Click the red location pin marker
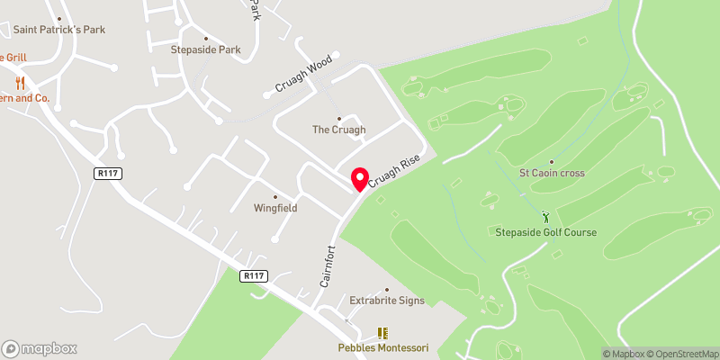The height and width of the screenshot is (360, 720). coord(360,179)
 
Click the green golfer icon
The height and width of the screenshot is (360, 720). coord(546,217)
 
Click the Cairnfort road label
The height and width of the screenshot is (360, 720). coord(327,265)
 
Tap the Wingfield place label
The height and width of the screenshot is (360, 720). coord(275,208)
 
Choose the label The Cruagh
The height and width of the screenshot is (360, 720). coord(338,130)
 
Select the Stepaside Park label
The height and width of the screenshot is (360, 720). coord(206,50)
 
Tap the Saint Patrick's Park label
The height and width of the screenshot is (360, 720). coord(59,30)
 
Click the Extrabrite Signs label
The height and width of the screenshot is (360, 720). coord(386,301)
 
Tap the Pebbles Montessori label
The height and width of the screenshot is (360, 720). coord(382,347)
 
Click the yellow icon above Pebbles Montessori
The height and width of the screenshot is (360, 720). coord(382,333)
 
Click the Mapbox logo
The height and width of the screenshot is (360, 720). coord(40,348)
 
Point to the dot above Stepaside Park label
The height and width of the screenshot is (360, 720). coord(206,38)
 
